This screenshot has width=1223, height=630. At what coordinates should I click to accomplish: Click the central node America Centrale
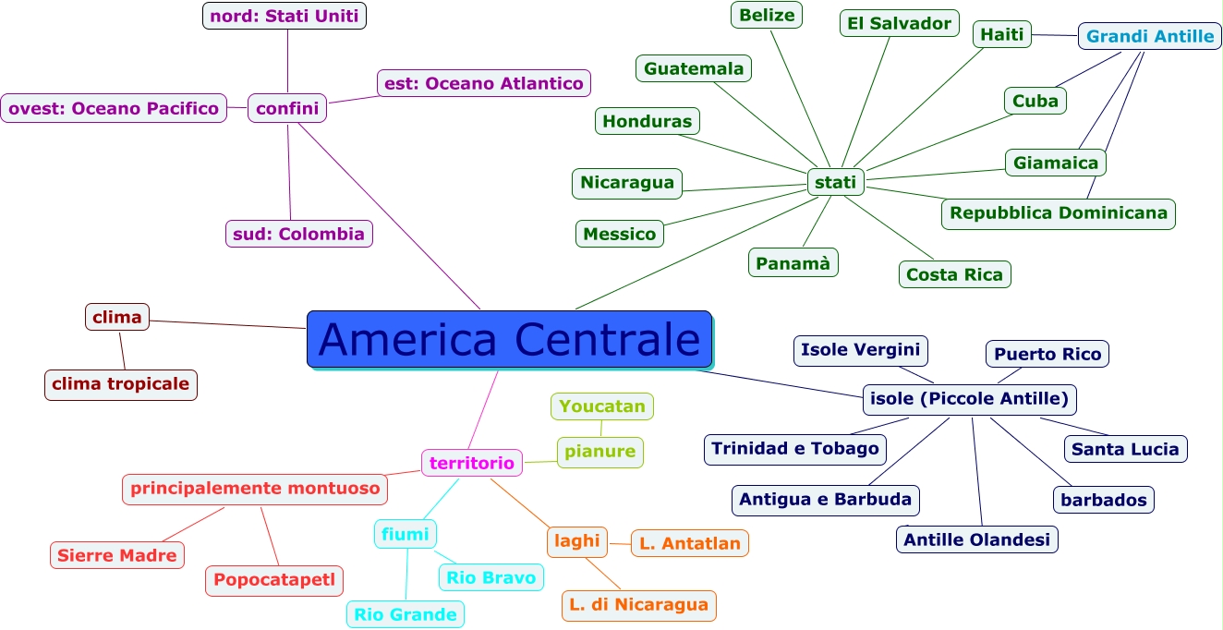[509, 339]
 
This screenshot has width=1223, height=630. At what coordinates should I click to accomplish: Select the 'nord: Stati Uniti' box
[285, 16]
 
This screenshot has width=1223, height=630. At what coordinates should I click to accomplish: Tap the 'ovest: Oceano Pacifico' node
[114, 108]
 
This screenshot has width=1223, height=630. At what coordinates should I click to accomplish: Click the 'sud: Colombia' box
[298, 234]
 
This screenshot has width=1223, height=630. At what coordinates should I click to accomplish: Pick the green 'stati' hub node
[836, 182]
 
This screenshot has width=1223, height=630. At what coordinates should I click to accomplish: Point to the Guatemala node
[694, 68]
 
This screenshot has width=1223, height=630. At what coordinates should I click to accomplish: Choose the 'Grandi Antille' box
[1149, 36]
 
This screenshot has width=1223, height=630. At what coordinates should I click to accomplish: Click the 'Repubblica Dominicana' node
[1058, 213]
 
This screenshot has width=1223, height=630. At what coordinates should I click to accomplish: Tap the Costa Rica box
[954, 274]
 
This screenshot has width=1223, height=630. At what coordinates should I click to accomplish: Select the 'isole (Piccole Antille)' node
[969, 399]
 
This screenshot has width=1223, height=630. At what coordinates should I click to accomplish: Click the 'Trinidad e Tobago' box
[794, 449]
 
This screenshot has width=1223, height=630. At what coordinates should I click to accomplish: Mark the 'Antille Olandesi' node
[976, 539]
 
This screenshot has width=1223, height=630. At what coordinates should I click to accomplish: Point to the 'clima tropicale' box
[120, 384]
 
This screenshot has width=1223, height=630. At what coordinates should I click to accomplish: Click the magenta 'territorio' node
[471, 463]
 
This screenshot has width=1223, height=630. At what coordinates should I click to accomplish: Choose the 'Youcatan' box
[602, 406]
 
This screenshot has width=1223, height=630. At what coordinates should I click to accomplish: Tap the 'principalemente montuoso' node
[255, 489]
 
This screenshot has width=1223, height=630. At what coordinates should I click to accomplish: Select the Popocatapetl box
[274, 580]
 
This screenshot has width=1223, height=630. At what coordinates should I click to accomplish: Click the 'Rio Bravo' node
[490, 577]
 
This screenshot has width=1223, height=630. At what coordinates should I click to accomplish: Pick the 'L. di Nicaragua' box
[638, 605]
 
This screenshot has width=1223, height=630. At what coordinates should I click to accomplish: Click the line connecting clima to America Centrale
[228, 324]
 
